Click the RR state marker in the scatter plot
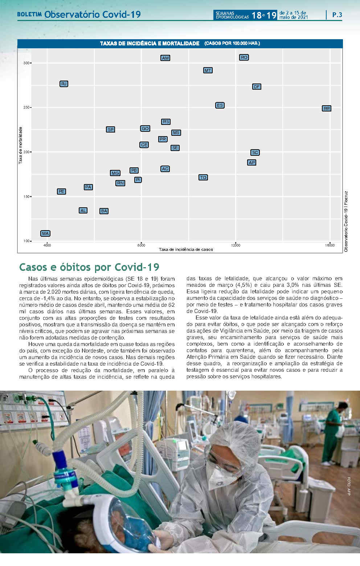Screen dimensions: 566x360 tap(327, 109)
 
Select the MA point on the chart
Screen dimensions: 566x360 tap(45, 233)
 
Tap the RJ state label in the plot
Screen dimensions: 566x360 tap(64, 84)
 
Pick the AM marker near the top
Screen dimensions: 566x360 tap(165, 58)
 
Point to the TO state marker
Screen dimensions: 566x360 tap(203, 178)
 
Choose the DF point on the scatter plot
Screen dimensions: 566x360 tap(257, 87)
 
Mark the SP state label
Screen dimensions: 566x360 tap(110, 130)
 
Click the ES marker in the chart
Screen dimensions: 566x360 tap(220, 105)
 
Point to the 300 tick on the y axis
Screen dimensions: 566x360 tap(26, 63)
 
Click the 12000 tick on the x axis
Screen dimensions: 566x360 tap(236, 245)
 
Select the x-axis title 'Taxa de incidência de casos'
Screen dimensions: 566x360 tap(186, 249)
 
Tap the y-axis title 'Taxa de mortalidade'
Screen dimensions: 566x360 tap(21, 145)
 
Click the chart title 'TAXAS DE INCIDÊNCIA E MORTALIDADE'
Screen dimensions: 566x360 tap(150, 44)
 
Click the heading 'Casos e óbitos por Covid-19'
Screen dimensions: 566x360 tap(89, 267)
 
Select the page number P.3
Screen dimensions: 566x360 tap(337, 15)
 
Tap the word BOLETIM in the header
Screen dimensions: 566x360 tap(29, 15)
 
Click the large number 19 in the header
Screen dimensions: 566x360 tap(271, 15)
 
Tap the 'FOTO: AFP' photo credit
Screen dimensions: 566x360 tap(349, 486)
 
